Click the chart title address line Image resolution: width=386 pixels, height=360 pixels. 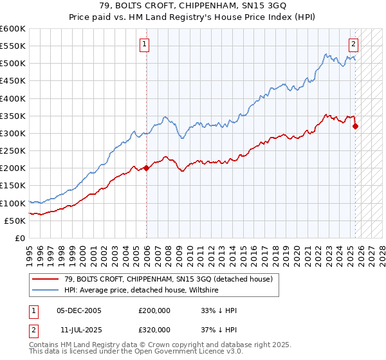point(193,6)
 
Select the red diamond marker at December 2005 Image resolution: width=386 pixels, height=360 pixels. point(146,168)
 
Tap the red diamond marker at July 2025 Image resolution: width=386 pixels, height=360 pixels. point(355,127)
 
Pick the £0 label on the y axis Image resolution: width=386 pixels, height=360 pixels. point(20,238)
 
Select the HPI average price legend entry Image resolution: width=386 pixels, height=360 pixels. point(142,291)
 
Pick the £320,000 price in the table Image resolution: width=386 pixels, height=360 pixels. point(154,329)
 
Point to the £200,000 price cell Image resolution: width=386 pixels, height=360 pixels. point(154,310)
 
